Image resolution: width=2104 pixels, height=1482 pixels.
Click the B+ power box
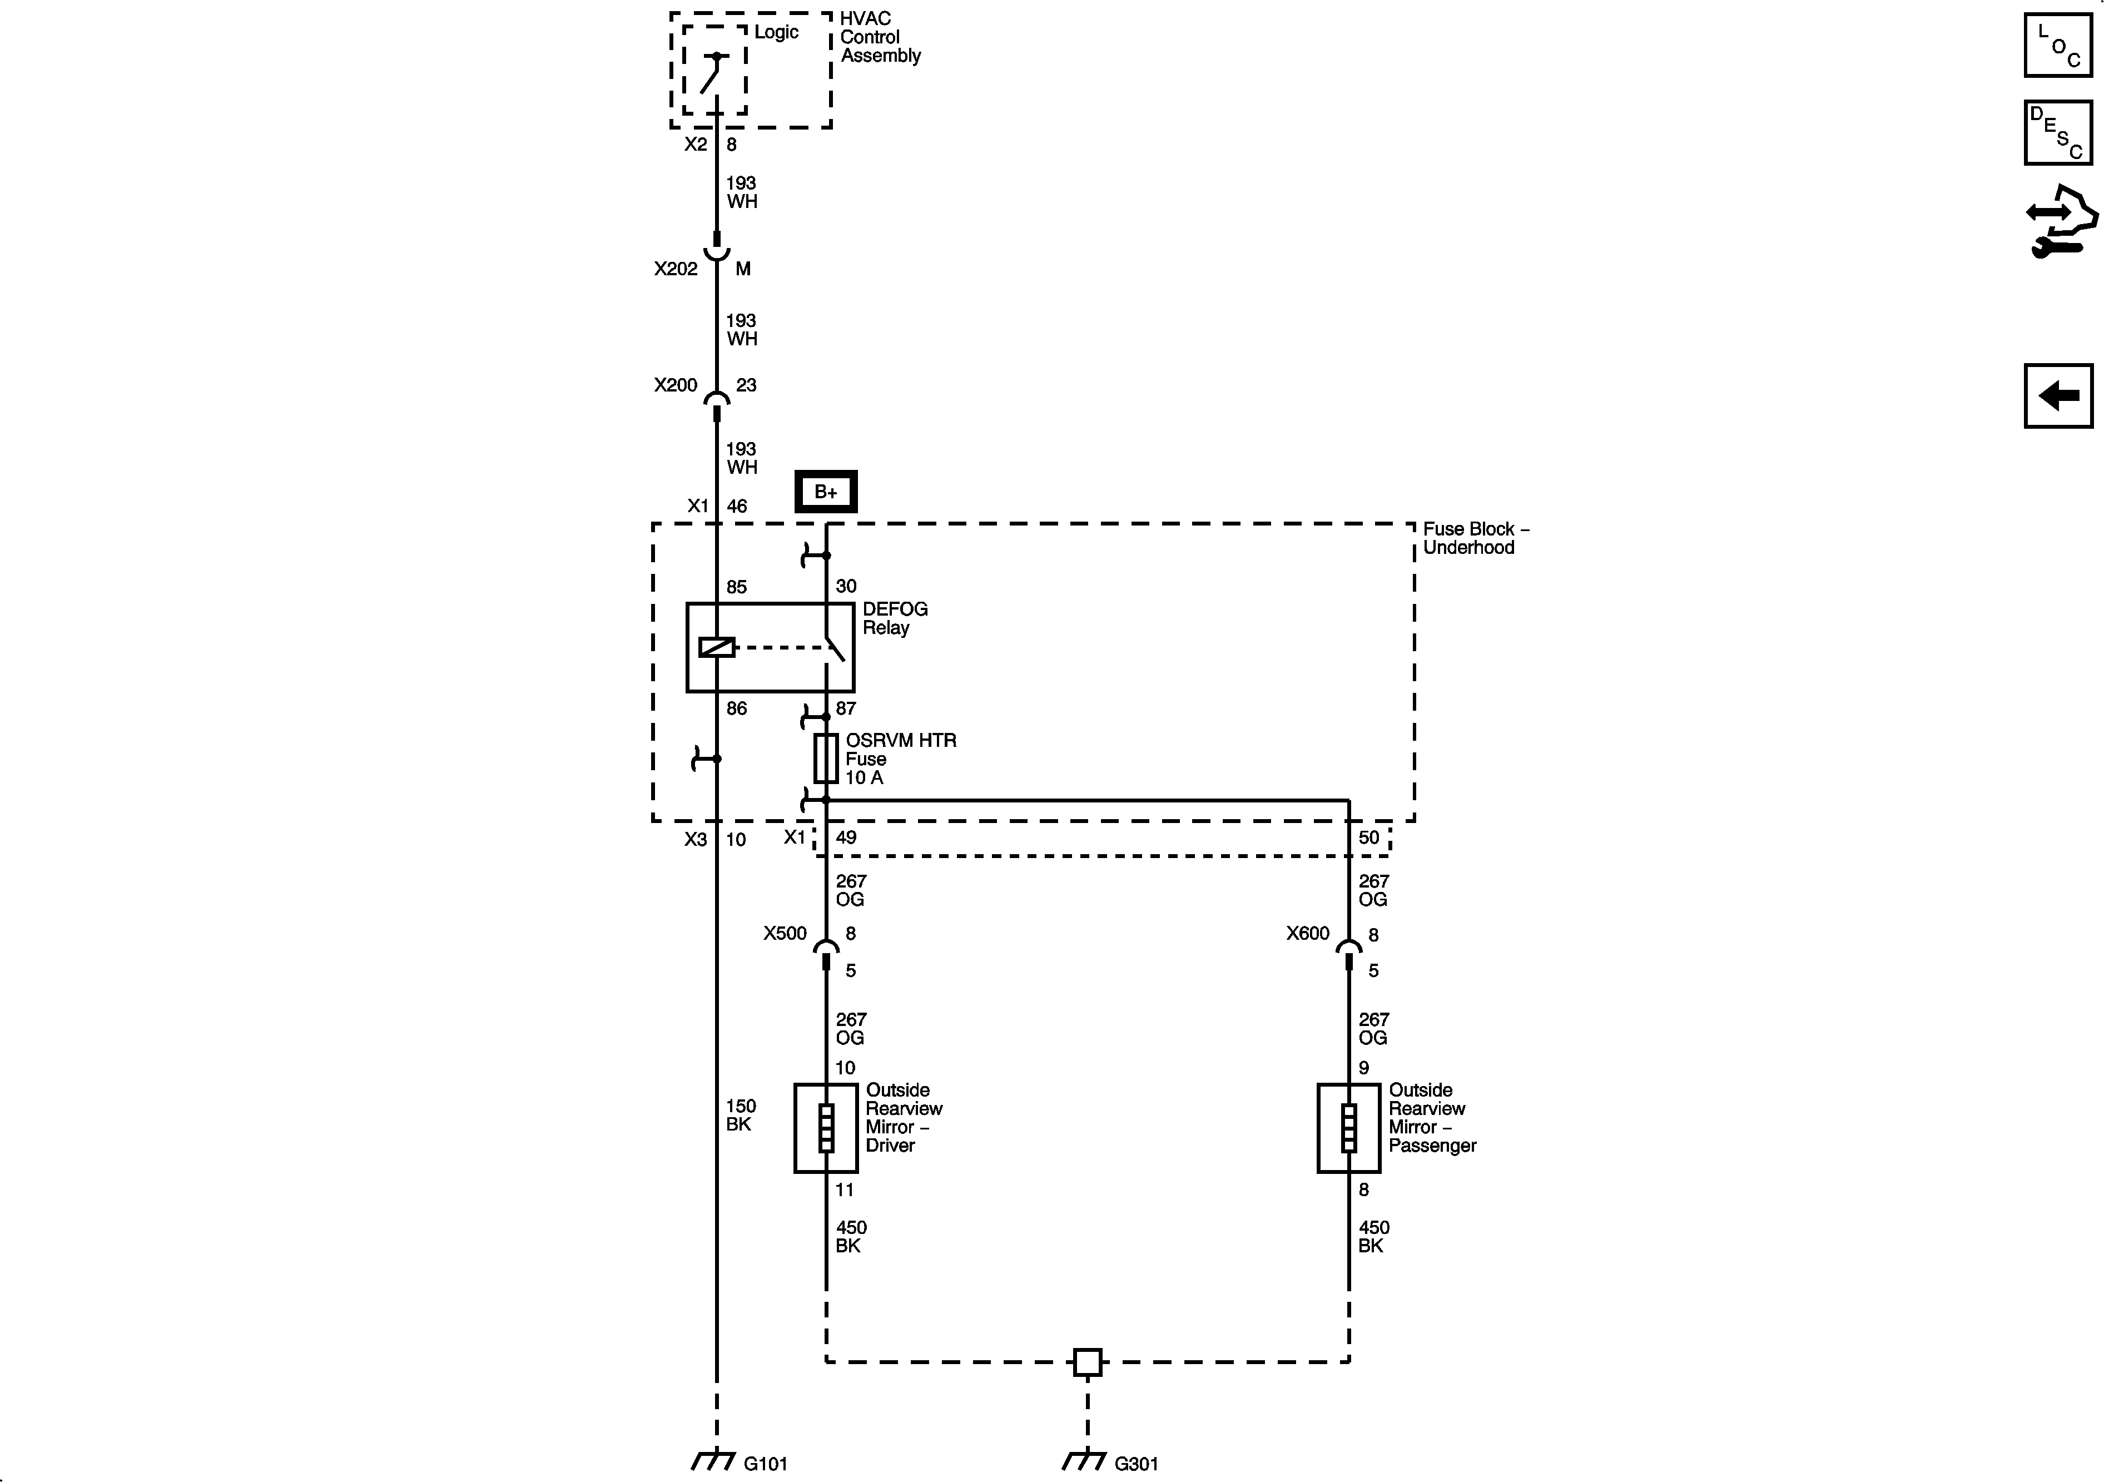tap(825, 492)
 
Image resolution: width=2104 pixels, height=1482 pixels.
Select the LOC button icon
tap(2057, 45)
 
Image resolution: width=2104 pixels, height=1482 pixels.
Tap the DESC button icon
tap(2057, 133)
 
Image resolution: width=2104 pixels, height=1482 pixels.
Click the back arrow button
tap(2057, 396)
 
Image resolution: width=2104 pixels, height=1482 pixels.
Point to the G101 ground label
tap(765, 1464)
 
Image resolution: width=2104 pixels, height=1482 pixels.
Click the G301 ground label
tap(1137, 1464)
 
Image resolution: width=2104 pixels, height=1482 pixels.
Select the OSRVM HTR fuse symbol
tap(826, 758)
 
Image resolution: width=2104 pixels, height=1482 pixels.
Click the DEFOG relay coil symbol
tap(717, 647)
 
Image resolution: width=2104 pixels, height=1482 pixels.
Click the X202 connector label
tap(676, 269)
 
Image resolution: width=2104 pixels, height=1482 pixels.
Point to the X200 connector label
tap(676, 385)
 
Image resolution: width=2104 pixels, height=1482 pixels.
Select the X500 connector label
tap(785, 933)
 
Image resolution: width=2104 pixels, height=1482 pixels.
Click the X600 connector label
tap(1307, 933)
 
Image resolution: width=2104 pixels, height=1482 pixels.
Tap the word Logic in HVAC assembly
tap(776, 32)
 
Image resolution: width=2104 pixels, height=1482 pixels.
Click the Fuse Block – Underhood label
tap(1475, 538)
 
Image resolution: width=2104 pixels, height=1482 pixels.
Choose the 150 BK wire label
tap(741, 1114)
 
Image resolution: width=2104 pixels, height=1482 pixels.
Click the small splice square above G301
tap(1087, 1362)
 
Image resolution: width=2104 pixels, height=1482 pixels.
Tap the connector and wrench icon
tap(2060, 222)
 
